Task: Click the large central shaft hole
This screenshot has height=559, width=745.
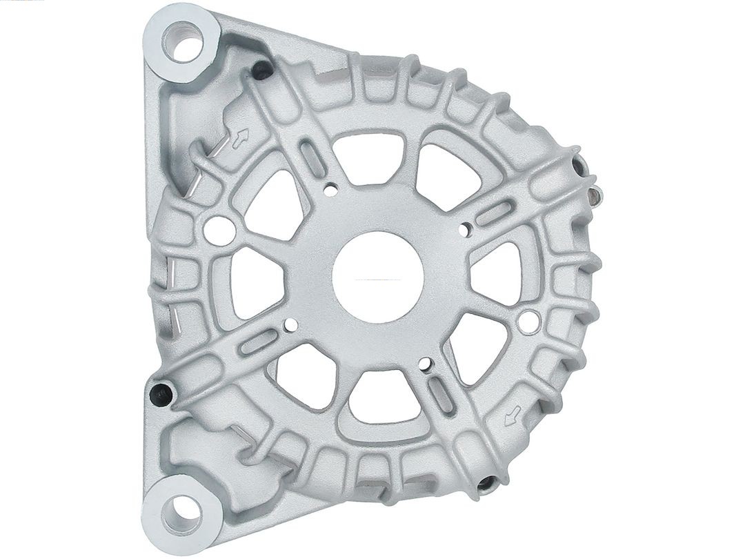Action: click(x=377, y=275)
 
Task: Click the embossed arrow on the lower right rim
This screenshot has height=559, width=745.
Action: click(x=512, y=416)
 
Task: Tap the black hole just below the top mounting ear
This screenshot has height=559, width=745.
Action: click(x=261, y=69)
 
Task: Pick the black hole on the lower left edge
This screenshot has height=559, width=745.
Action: click(x=161, y=393)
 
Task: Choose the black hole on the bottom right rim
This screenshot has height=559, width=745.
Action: click(x=486, y=483)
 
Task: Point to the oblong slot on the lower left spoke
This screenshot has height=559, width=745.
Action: click(x=259, y=342)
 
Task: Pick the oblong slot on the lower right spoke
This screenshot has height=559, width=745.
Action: click(x=439, y=395)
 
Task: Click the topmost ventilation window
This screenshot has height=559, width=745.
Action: click(x=372, y=158)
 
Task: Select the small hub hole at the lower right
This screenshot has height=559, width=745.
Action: click(x=425, y=363)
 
